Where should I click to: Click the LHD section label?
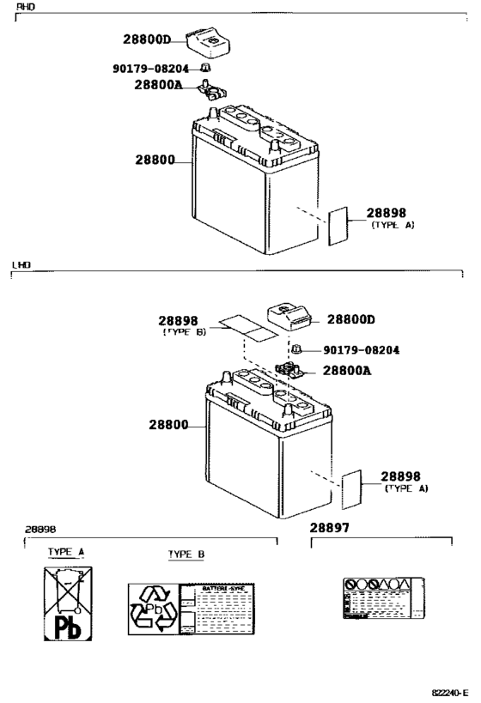pos(21,265)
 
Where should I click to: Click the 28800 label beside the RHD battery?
pos(155,160)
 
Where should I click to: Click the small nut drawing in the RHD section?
pos(206,67)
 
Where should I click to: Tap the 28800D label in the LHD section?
pos(351,319)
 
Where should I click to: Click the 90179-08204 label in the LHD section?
pos(362,350)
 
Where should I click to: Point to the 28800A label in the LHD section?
pos(347,371)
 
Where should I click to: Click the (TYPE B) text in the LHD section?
pos(184,331)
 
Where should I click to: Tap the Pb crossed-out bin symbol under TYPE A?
pos(68,603)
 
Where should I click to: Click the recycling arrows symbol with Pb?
pos(152,609)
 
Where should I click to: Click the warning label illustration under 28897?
pos(381,597)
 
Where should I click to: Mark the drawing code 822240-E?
pos(449,690)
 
